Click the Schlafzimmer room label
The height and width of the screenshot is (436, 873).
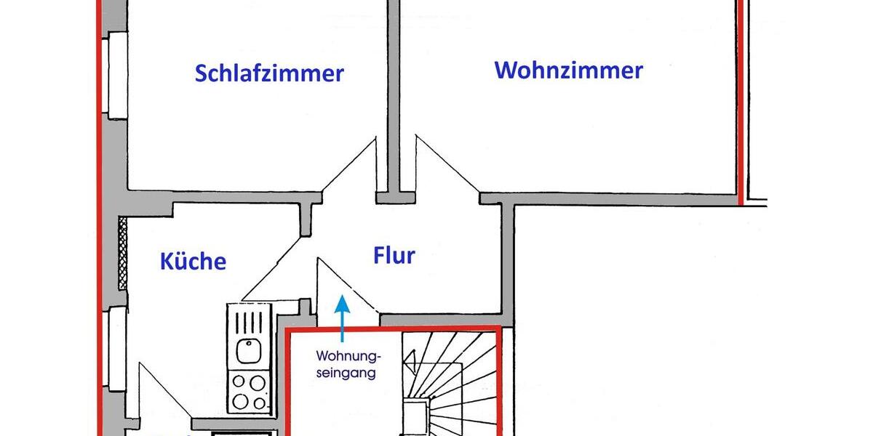[269, 73]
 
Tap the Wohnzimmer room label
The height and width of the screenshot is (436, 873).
[568, 70]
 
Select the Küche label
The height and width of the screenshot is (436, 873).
[193, 262]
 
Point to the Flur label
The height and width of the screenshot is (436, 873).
[394, 256]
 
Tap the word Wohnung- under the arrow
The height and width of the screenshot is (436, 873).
[348, 357]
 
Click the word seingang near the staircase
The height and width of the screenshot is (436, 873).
[346, 374]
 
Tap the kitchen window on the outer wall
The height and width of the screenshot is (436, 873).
[116, 349]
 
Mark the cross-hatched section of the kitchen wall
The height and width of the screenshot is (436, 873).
[122, 253]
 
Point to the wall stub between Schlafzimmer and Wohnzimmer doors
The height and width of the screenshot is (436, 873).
[395, 197]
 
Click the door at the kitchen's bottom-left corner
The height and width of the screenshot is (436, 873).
[164, 392]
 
